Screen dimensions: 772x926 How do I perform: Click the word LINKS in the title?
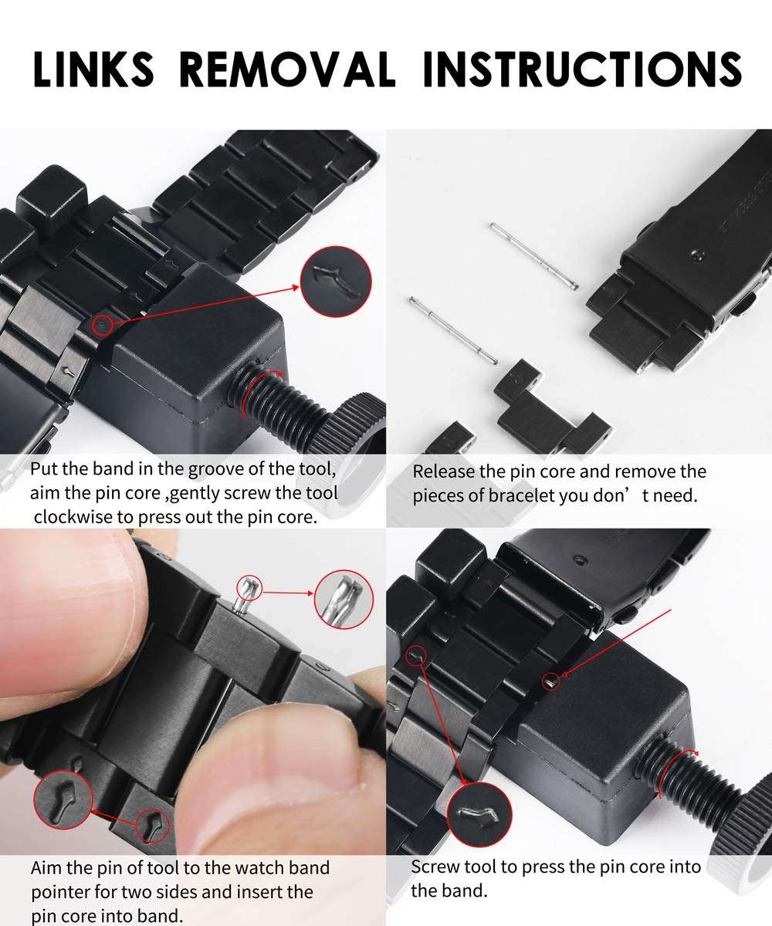click(93, 69)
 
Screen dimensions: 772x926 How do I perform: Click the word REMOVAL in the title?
click(287, 69)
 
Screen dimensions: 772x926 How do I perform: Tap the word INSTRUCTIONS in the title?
click(582, 69)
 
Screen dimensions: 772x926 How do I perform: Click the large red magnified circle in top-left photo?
click(336, 282)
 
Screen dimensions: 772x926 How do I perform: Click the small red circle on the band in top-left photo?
click(103, 326)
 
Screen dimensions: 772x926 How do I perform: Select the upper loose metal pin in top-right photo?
click(534, 256)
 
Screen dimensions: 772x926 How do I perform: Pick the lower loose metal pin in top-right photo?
click(453, 330)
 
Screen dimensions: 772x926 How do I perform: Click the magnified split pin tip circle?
click(344, 600)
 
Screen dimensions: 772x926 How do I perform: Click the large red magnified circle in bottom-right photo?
click(479, 815)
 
